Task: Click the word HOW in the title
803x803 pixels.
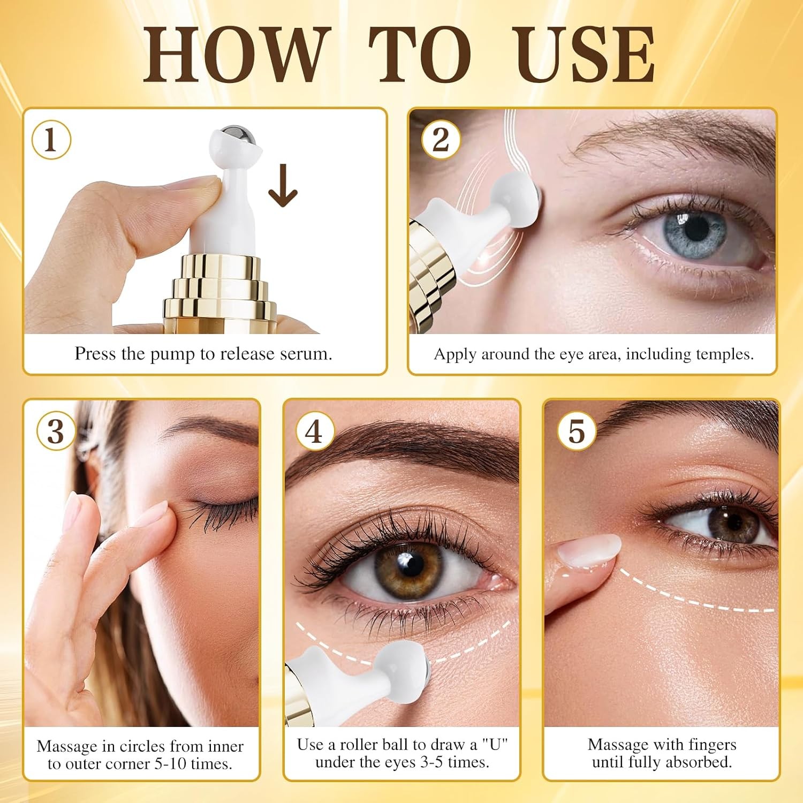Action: point(235,55)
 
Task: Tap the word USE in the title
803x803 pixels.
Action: point(584,55)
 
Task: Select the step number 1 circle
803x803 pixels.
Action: point(51,140)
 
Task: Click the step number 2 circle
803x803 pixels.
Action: point(441,140)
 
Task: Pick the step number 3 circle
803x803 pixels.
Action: point(56,431)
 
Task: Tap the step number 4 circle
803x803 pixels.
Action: point(315,431)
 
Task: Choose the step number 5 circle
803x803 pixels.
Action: point(577,431)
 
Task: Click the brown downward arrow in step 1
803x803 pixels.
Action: point(283,185)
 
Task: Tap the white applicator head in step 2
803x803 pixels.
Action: point(514,202)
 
